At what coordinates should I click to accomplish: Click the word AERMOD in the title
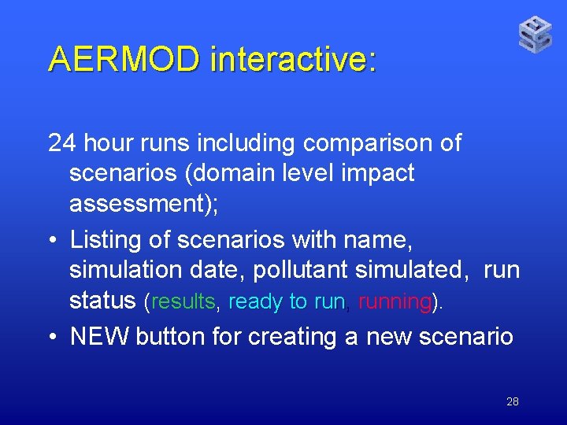point(124,59)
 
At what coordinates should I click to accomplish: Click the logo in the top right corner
point(535,35)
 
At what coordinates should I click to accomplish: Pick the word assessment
point(135,204)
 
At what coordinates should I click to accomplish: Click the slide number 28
point(512,401)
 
